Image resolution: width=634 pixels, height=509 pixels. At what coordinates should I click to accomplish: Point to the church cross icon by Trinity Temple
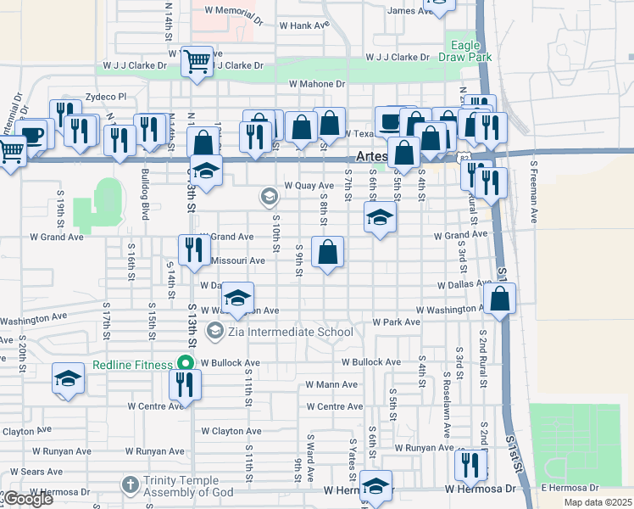[x=130, y=484]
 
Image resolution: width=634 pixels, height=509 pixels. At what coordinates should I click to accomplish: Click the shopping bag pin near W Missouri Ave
[x=327, y=252]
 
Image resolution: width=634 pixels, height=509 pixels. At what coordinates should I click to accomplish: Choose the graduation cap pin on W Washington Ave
[x=238, y=298]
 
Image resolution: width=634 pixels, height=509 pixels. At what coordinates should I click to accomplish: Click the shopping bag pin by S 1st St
[x=500, y=299]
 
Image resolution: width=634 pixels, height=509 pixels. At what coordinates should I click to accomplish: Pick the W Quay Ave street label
[x=309, y=185]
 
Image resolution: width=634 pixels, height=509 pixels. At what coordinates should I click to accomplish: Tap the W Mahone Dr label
[x=317, y=84]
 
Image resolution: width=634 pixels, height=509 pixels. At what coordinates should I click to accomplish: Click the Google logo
[x=27, y=500]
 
